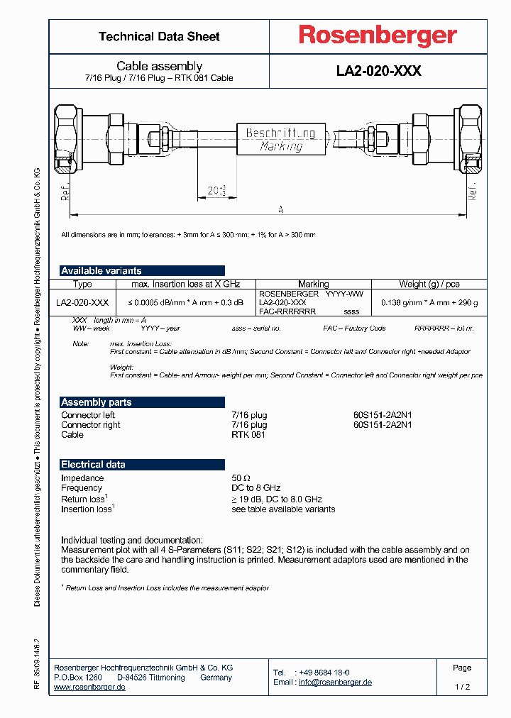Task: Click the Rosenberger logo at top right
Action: coord(377,36)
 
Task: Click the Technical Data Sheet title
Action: coord(159,37)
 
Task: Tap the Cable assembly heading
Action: coord(159,66)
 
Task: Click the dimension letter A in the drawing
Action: coord(280,209)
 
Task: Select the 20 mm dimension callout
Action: coord(216,190)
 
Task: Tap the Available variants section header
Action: coord(101,270)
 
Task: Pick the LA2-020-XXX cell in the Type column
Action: coord(82,302)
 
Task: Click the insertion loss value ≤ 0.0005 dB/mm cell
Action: coord(185,302)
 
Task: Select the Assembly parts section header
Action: coord(97,402)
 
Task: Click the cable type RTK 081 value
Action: coord(248,435)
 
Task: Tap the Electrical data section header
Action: coord(93,465)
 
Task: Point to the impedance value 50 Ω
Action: coord(241,478)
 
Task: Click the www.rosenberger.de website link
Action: coord(89,687)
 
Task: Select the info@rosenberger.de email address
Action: coord(335,683)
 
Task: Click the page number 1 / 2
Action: coord(462,687)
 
